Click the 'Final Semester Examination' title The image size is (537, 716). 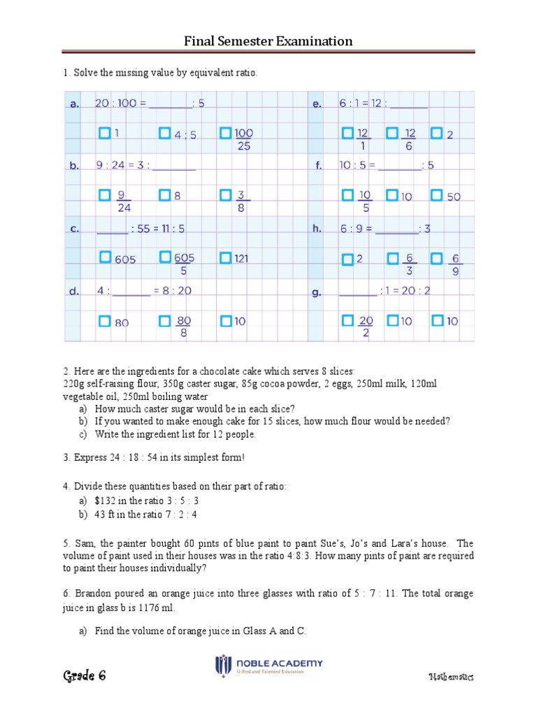coord(268,41)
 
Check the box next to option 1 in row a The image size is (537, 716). coord(104,132)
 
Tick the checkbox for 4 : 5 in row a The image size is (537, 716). coord(164,132)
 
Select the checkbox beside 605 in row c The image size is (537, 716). coord(104,257)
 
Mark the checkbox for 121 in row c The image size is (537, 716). coord(225,257)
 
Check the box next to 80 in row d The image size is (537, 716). coord(104,321)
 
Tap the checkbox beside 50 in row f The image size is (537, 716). coord(437,195)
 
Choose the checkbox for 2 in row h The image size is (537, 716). coord(348,259)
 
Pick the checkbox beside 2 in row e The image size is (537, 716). coord(437,132)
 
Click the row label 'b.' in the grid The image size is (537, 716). coord(73,166)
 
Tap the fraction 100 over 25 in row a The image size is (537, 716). coord(243,139)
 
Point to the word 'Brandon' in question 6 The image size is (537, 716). coord(93,594)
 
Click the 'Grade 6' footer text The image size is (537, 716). coord(85,675)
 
